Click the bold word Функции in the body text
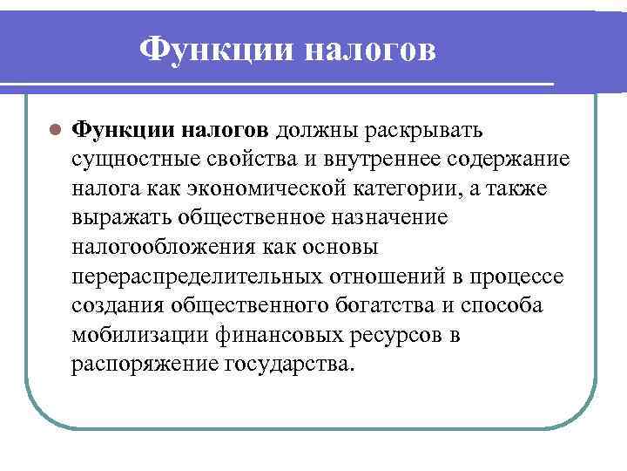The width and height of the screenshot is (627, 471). (x=124, y=130)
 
